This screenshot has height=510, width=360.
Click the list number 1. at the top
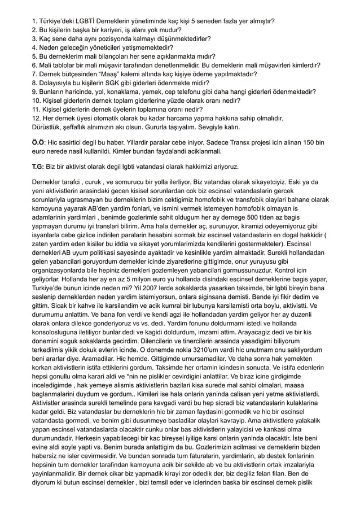(x=34, y=21)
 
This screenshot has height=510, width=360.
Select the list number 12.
(x=36, y=118)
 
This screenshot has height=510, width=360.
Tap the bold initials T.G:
(x=39, y=168)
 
